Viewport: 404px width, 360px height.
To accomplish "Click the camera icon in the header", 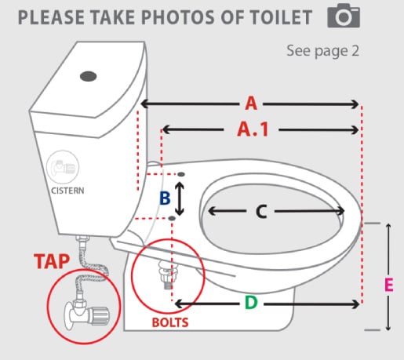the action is [344, 16].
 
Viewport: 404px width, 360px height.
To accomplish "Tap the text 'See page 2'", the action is [323, 51].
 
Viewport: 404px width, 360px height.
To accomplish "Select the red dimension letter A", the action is [251, 104].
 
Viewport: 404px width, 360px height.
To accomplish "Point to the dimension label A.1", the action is [253, 129].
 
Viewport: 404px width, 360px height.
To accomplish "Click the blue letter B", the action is [165, 198].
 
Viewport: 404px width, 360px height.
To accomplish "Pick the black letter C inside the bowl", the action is [261, 211].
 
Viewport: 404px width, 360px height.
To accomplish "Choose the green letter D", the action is [251, 303].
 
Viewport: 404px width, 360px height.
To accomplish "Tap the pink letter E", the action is [389, 285].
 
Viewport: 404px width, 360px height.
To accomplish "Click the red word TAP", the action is [52, 261].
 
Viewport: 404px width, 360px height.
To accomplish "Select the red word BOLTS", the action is [170, 322].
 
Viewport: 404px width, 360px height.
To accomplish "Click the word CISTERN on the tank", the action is [67, 191].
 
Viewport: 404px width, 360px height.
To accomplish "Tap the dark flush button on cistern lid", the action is [89, 76].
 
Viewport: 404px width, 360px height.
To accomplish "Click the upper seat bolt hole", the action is [181, 174].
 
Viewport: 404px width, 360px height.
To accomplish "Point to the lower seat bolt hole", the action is [172, 218].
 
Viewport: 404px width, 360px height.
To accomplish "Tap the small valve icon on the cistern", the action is [63, 166].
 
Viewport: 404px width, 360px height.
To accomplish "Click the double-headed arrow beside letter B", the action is [180, 198].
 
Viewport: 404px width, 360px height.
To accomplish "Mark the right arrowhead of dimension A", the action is [355, 104].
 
